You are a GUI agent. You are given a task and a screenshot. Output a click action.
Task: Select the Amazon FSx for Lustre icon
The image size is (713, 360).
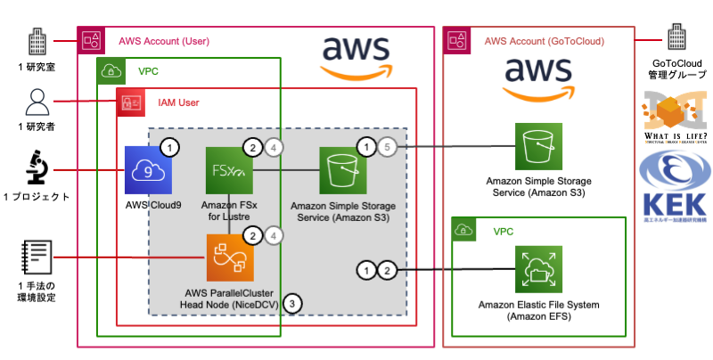click(x=229, y=168)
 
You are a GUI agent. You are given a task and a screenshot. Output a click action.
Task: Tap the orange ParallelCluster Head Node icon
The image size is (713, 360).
click(x=230, y=258)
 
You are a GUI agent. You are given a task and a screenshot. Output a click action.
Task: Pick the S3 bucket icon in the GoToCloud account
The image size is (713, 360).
click(x=540, y=145)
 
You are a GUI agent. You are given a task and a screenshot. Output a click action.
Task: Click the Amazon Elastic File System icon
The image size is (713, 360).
click(x=540, y=270)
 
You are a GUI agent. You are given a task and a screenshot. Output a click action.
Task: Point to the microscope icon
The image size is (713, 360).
click(x=35, y=168)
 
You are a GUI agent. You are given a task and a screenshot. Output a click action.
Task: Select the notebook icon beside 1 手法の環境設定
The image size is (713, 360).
click(x=36, y=259)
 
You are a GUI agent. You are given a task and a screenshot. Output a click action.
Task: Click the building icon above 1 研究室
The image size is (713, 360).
click(x=36, y=41)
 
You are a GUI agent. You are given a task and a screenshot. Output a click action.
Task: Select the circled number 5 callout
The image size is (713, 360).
click(x=386, y=146)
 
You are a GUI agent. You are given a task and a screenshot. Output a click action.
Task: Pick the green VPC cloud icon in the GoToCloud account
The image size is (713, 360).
click(x=464, y=231)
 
